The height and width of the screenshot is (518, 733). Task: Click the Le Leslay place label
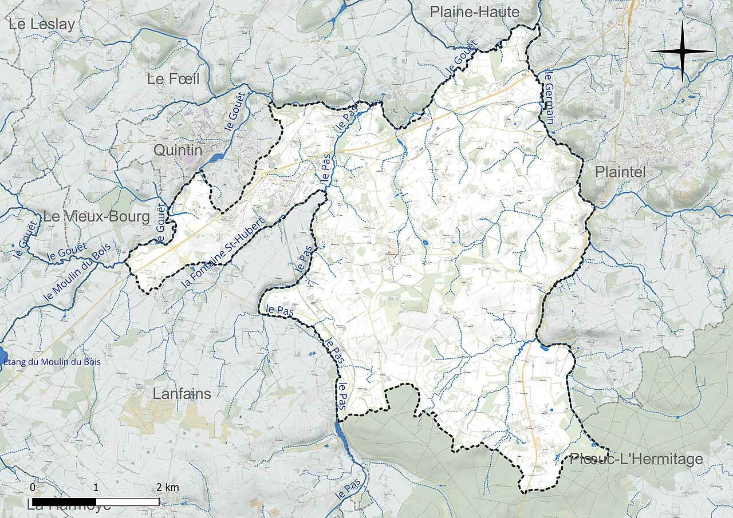(42, 24)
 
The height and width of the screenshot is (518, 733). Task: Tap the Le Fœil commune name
(173, 79)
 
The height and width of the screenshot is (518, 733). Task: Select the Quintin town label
(178, 150)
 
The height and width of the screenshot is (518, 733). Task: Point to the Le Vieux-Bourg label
(96, 217)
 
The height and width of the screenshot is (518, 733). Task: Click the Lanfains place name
(182, 394)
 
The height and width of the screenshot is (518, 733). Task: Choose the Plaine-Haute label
(474, 12)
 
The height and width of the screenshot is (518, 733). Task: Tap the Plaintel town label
(620, 172)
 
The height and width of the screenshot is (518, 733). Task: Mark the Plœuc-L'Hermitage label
(636, 459)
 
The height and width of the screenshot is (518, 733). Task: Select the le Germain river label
(549, 98)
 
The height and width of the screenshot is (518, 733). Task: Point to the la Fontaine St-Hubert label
(224, 252)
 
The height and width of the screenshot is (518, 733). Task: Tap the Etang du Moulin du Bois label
(52, 362)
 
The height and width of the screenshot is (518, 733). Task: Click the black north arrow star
(682, 52)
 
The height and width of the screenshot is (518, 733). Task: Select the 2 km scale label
(167, 488)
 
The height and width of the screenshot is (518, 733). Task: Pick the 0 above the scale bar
(33, 487)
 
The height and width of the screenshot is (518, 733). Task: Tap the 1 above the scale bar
(96, 487)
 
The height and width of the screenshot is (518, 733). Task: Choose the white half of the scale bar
(127, 502)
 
